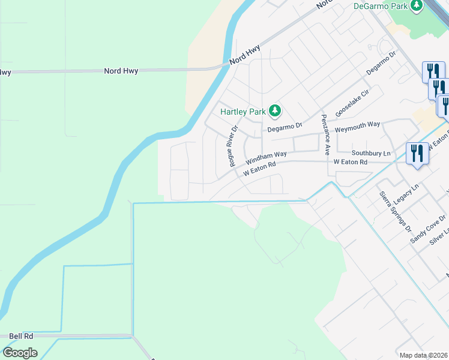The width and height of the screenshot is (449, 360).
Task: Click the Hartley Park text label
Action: click(243, 112)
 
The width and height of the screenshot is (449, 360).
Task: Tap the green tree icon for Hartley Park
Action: click(275, 110)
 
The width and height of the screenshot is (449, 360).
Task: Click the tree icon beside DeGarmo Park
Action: click(417, 6)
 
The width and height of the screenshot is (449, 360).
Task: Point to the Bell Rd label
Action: click(21, 336)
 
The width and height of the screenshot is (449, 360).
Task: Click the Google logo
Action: click(20, 353)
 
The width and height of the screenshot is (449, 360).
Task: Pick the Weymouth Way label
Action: click(357, 124)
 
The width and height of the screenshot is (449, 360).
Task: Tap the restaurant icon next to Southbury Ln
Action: click(415, 154)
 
